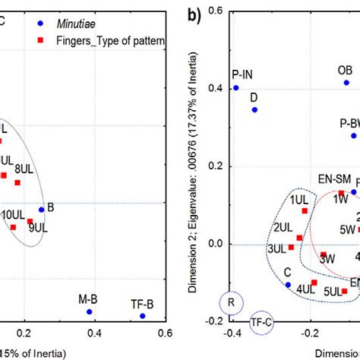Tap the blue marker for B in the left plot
[41, 210]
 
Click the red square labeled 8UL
[17, 182]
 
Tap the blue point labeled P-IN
[235, 88]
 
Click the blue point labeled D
[254, 109]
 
